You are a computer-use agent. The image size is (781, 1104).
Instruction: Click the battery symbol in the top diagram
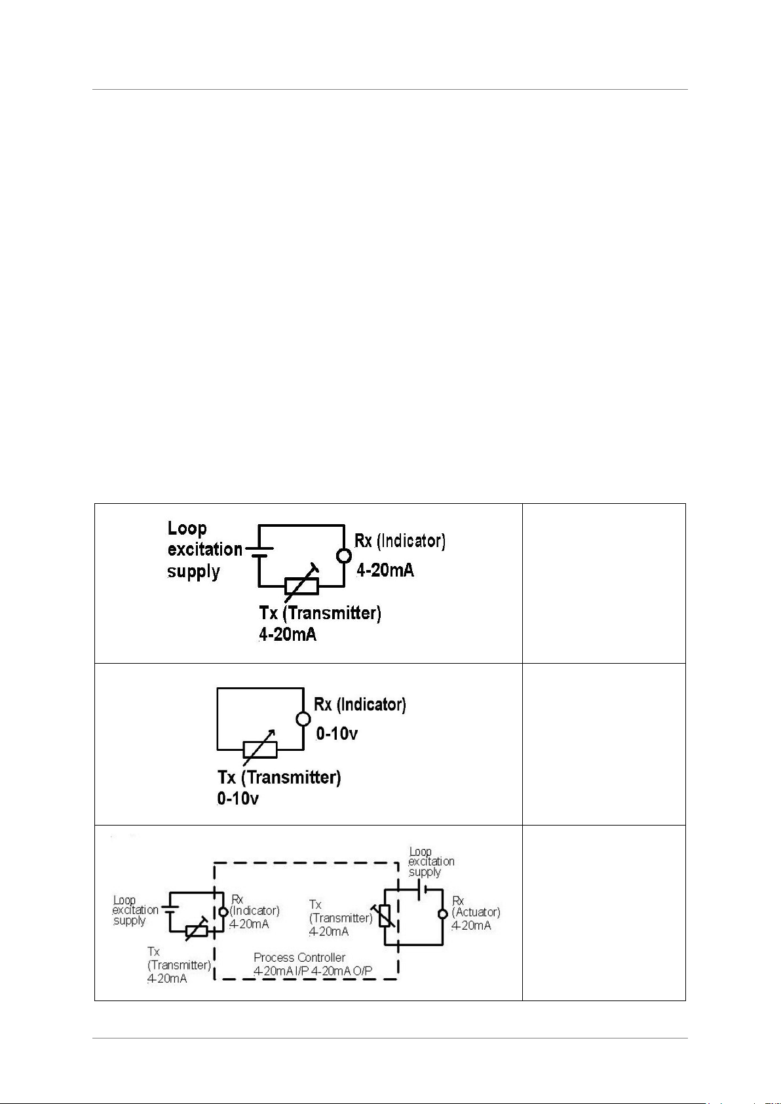coord(259,551)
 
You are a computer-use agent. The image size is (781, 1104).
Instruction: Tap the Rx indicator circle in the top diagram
coord(344,556)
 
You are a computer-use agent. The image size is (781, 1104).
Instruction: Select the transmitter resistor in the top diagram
coord(302,586)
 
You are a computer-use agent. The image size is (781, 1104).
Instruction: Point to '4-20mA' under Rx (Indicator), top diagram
coord(385,571)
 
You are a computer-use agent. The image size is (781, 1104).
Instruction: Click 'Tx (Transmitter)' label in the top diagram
coord(320,613)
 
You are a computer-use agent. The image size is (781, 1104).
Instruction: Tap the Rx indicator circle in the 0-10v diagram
coord(303,719)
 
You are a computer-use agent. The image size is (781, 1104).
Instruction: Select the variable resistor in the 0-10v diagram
coord(259,749)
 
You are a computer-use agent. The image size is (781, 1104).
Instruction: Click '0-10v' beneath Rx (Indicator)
coord(337,734)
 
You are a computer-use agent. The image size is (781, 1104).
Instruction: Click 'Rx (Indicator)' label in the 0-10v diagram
coord(360,705)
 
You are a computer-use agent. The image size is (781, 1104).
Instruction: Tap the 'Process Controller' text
coord(299,957)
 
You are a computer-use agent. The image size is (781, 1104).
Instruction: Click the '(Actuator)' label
coord(476,912)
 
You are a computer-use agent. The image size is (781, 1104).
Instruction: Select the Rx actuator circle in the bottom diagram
coord(443,914)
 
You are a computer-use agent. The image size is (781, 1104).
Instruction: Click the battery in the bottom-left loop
coord(170,910)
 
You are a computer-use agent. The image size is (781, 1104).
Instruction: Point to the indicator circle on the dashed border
coord(223,911)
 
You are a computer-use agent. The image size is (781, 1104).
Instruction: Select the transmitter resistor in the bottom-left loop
coord(197,930)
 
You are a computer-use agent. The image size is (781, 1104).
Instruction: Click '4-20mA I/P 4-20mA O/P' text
coord(313,971)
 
